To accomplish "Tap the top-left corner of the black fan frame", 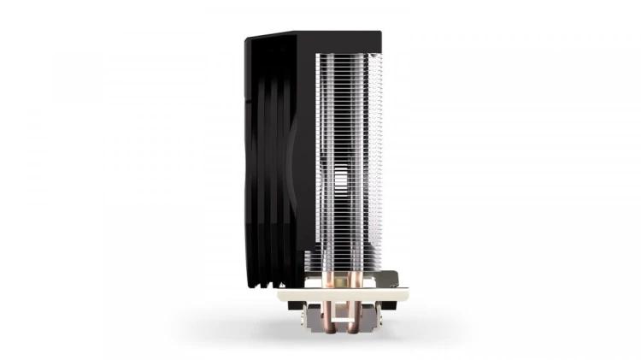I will click(x=247, y=38).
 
